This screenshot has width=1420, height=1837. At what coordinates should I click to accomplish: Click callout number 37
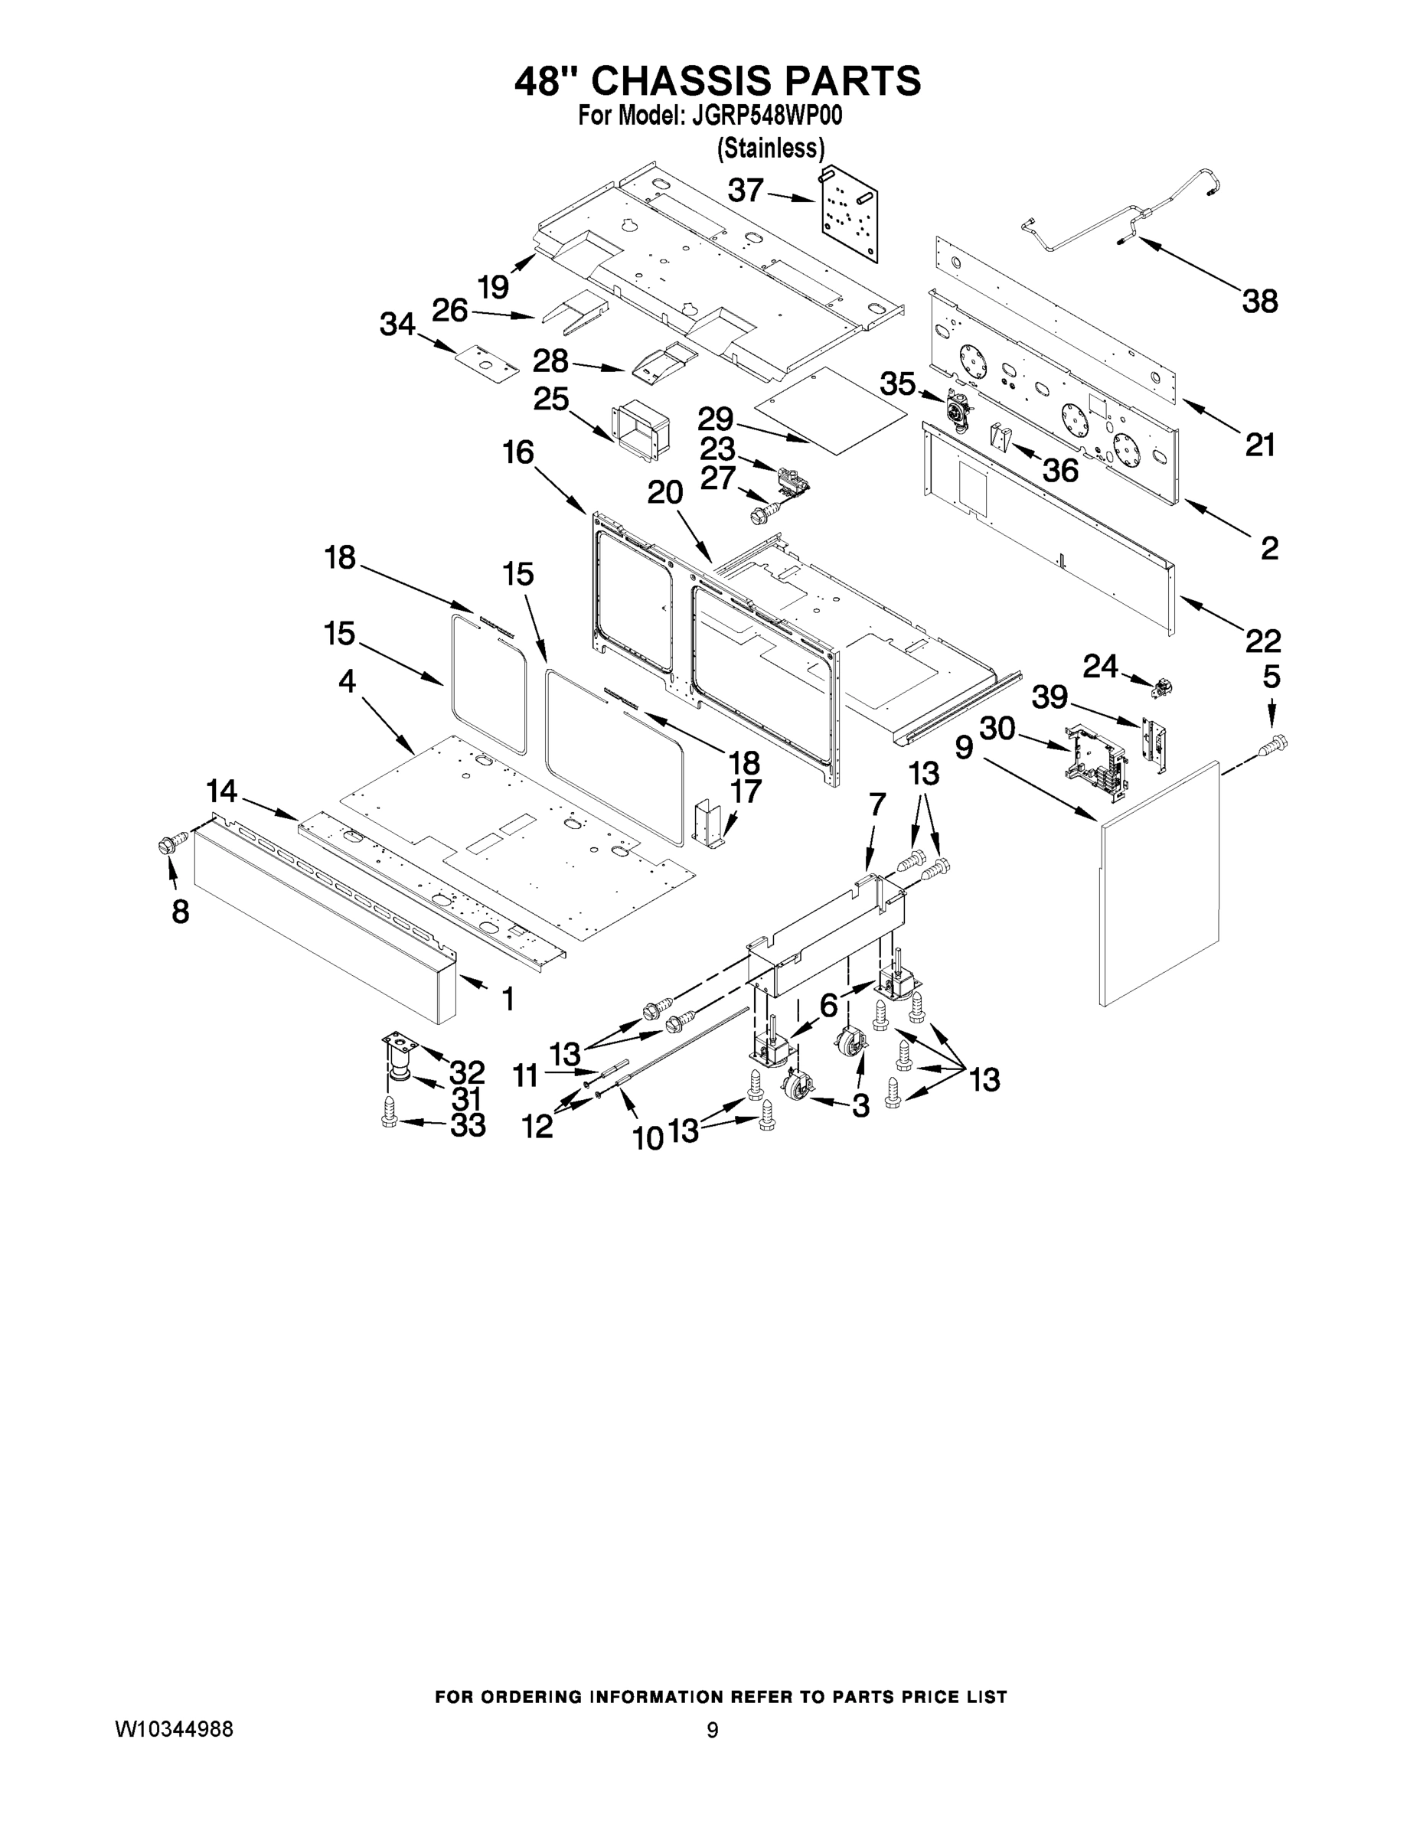746,191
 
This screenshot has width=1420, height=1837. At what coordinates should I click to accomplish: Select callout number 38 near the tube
1259,300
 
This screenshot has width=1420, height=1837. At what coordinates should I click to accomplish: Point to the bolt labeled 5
1275,743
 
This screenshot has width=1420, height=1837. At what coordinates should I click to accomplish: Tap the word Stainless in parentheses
770,148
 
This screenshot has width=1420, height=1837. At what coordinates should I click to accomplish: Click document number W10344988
173,1729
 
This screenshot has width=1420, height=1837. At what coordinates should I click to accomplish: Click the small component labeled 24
1163,687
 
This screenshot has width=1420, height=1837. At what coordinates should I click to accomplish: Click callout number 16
518,452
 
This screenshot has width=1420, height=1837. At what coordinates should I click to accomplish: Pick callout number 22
1262,641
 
